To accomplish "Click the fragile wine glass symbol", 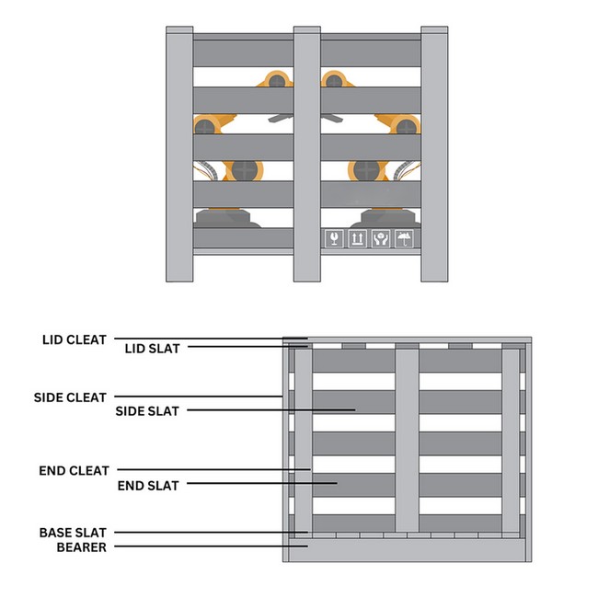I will point(334,238).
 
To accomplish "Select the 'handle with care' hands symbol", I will point(380,238).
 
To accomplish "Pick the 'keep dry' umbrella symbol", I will point(403,238).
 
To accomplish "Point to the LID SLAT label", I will point(152,348).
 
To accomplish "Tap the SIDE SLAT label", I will point(147,410).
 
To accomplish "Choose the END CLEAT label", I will point(75,470).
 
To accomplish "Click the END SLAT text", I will point(149,483).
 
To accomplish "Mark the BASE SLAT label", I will point(73,532).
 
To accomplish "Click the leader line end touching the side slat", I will point(353,409).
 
